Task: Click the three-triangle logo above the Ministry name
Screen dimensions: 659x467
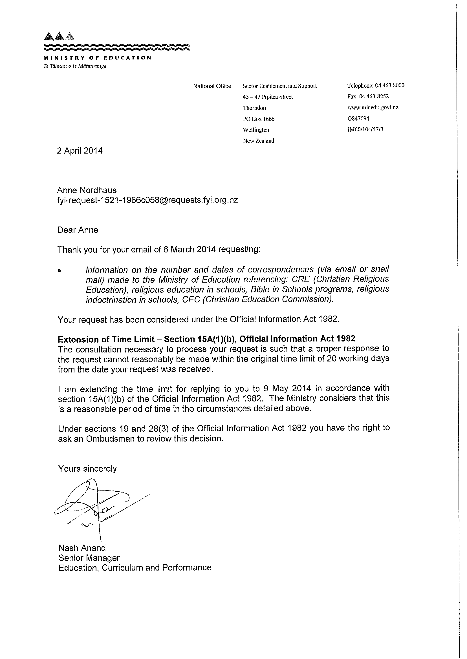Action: pyautogui.click(x=60, y=36)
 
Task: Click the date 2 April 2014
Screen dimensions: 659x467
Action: pyautogui.click(x=80, y=151)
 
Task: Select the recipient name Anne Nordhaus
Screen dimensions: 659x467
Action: pyautogui.click(x=87, y=190)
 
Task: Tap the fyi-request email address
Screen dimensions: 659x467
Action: pyautogui.click(x=147, y=200)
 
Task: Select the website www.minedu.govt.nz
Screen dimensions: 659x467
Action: pyautogui.click(x=373, y=107)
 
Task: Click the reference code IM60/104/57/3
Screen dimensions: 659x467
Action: pyautogui.click(x=365, y=129)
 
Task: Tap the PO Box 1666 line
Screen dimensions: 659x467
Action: pyautogui.click(x=259, y=119)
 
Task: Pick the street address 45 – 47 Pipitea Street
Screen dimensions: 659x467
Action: pyautogui.click(x=267, y=97)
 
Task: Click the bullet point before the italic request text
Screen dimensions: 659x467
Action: pyautogui.click(x=60, y=270)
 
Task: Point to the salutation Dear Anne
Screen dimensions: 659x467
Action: pyautogui.click(x=78, y=230)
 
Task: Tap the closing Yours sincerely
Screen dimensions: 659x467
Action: pyautogui.click(x=87, y=469)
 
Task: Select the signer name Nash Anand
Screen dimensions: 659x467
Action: pyautogui.click(x=82, y=548)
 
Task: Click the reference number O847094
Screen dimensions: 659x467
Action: pyautogui.click(x=358, y=118)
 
